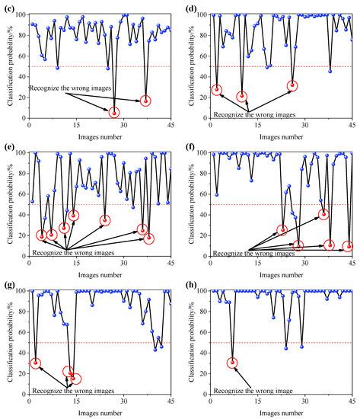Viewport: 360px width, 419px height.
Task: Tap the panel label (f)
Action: [x=190, y=147]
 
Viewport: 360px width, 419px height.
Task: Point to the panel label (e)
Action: [x=8, y=147]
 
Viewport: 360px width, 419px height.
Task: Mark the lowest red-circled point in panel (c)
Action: [x=115, y=113]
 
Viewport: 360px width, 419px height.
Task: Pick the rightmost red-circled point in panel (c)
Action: [x=146, y=101]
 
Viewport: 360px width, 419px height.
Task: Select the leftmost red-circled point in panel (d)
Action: [x=217, y=90]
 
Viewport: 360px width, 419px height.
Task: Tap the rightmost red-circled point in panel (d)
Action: [x=292, y=85]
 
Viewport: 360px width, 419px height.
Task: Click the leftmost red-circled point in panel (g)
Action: [x=35, y=363]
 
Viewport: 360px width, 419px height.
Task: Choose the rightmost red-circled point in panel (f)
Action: [x=348, y=246]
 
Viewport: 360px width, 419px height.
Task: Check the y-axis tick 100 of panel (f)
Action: [x=201, y=153]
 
